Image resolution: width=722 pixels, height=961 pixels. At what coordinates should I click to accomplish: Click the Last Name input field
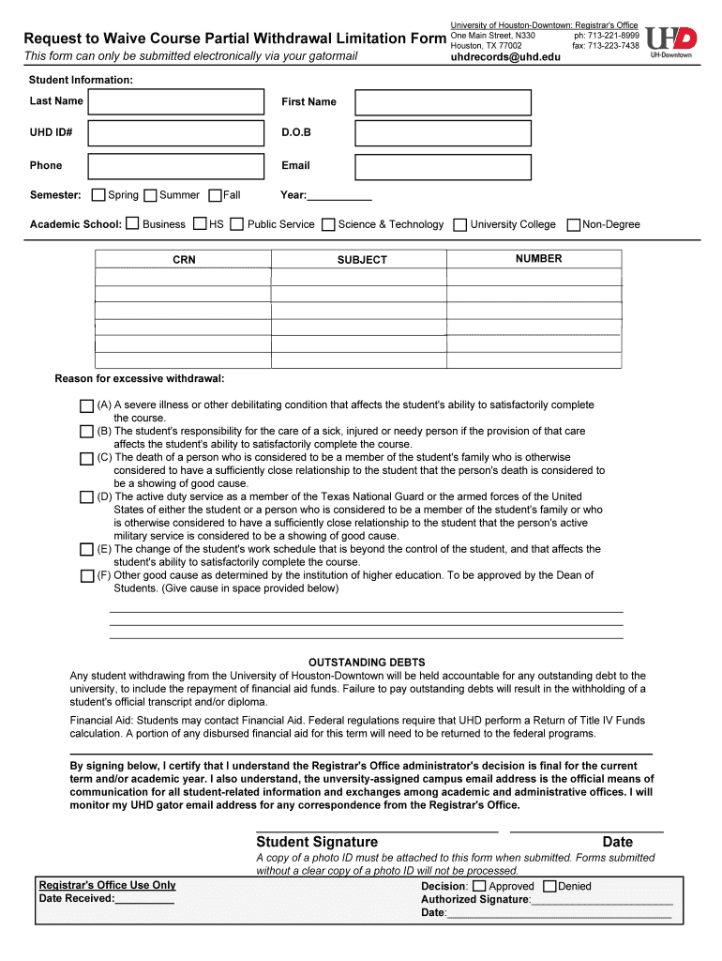click(176, 101)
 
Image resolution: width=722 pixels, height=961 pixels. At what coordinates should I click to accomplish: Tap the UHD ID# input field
click(176, 133)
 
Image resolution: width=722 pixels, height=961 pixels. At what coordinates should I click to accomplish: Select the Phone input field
click(176, 166)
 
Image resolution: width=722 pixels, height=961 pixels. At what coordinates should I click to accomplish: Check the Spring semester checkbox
click(98, 195)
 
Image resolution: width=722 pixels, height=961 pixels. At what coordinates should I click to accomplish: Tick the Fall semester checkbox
click(215, 195)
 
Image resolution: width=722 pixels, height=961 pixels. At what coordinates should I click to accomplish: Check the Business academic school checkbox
click(132, 224)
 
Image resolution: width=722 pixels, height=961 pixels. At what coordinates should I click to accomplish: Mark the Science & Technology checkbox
click(328, 224)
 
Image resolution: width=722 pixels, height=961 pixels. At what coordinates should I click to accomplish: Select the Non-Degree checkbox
click(574, 224)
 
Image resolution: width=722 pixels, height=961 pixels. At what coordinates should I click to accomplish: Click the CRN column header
click(184, 260)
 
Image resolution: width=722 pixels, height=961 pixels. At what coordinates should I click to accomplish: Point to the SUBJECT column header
click(362, 260)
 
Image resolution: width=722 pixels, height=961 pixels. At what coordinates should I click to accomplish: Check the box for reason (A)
click(86, 405)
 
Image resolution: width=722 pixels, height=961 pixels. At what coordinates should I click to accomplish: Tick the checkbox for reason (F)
click(86, 576)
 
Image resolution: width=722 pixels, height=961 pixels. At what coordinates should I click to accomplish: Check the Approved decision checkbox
click(479, 886)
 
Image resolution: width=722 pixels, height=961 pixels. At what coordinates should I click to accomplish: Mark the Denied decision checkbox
click(549, 886)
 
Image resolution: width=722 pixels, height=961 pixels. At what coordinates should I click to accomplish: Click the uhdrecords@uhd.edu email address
click(505, 57)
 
